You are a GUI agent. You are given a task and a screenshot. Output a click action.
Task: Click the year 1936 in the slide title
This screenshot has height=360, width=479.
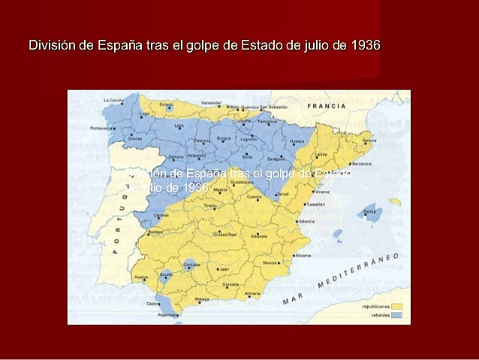click(364, 45)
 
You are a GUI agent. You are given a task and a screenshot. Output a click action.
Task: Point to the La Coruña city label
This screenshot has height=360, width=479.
click(113, 100)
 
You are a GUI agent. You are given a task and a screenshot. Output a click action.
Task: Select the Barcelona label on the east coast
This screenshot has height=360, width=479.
click(361, 163)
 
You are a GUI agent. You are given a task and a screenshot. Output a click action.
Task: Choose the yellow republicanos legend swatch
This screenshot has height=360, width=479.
click(396, 306)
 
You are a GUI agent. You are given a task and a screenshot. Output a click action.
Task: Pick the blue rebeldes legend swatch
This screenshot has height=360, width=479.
click(396, 315)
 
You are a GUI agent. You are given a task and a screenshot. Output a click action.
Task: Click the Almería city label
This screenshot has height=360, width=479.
click(252, 293)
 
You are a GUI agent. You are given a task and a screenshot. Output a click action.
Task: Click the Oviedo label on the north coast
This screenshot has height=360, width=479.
click(167, 104)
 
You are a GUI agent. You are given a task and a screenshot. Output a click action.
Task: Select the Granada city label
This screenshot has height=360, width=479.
click(231, 285)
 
